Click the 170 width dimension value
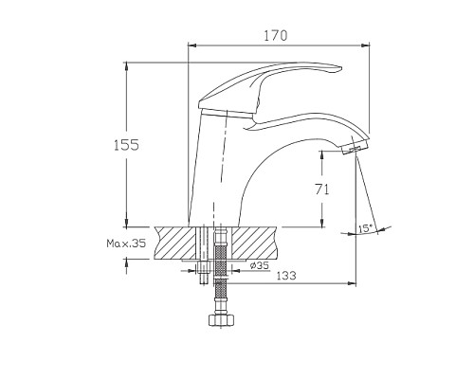tap(276, 36)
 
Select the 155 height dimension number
tap(126, 145)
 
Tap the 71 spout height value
tap(322, 189)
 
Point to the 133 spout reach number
tap(286, 276)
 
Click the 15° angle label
tap(366, 228)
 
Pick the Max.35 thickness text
tap(126, 244)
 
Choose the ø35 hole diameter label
tap(260, 265)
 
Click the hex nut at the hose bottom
tap(222, 320)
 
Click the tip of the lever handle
tap(341, 68)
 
